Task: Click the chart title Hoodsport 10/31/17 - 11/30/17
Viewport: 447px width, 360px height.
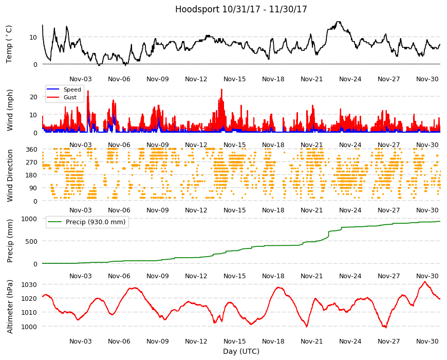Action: point(241,9)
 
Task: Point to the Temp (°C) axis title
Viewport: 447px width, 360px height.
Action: point(9,44)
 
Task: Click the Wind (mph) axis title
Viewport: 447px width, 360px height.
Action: point(10,110)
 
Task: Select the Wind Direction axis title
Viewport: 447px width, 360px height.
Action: point(10,175)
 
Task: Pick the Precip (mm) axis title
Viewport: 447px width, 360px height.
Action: point(10,241)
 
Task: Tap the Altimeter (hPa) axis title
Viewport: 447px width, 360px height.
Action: point(10,307)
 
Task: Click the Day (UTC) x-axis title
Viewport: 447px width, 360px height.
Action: point(241,351)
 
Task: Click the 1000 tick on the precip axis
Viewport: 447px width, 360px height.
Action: point(30,219)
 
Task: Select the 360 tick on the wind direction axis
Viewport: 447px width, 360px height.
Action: point(32,149)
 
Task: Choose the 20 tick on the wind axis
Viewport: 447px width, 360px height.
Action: point(33,97)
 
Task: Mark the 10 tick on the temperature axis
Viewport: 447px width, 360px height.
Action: point(33,37)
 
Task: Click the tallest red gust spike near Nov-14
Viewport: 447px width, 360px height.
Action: point(221,89)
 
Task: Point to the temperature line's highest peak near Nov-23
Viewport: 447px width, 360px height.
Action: point(339,22)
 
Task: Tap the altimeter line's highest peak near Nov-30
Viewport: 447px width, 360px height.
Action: point(425,282)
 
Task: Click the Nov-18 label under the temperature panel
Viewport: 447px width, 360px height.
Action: point(273,79)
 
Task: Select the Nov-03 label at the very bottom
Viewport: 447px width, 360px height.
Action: point(80,341)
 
